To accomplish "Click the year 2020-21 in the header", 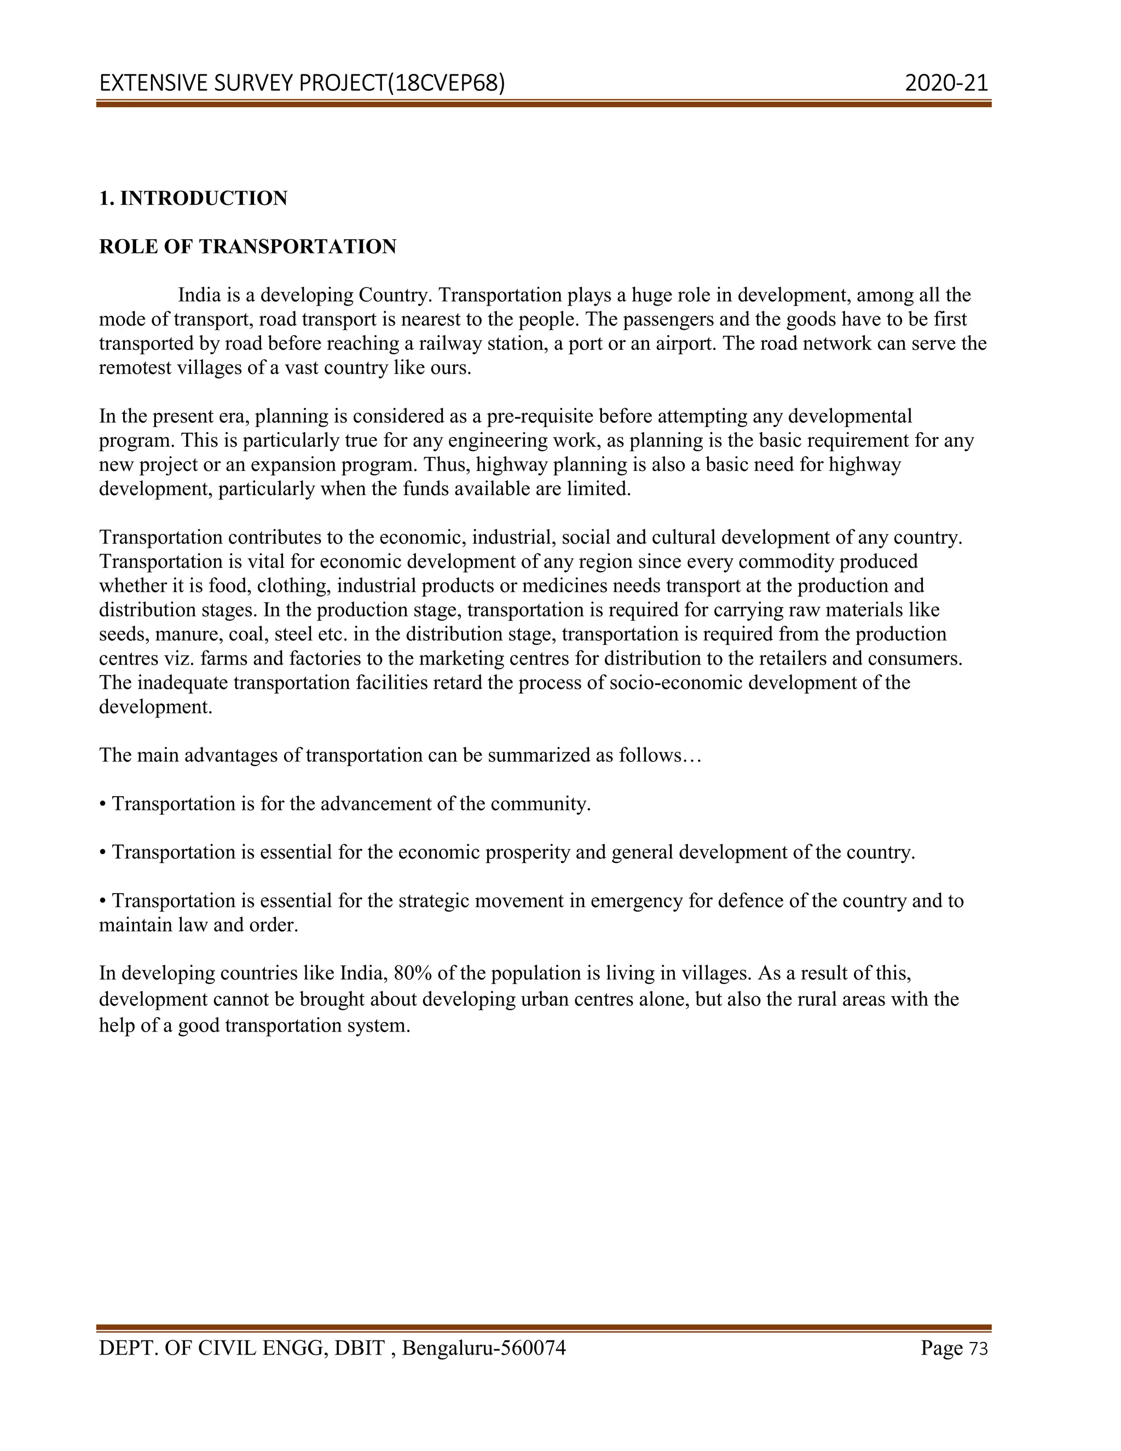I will [x=946, y=83].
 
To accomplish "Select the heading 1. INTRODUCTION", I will [x=193, y=198].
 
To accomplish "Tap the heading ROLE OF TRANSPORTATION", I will [x=248, y=246].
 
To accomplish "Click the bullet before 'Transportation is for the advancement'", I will [x=102, y=804].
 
